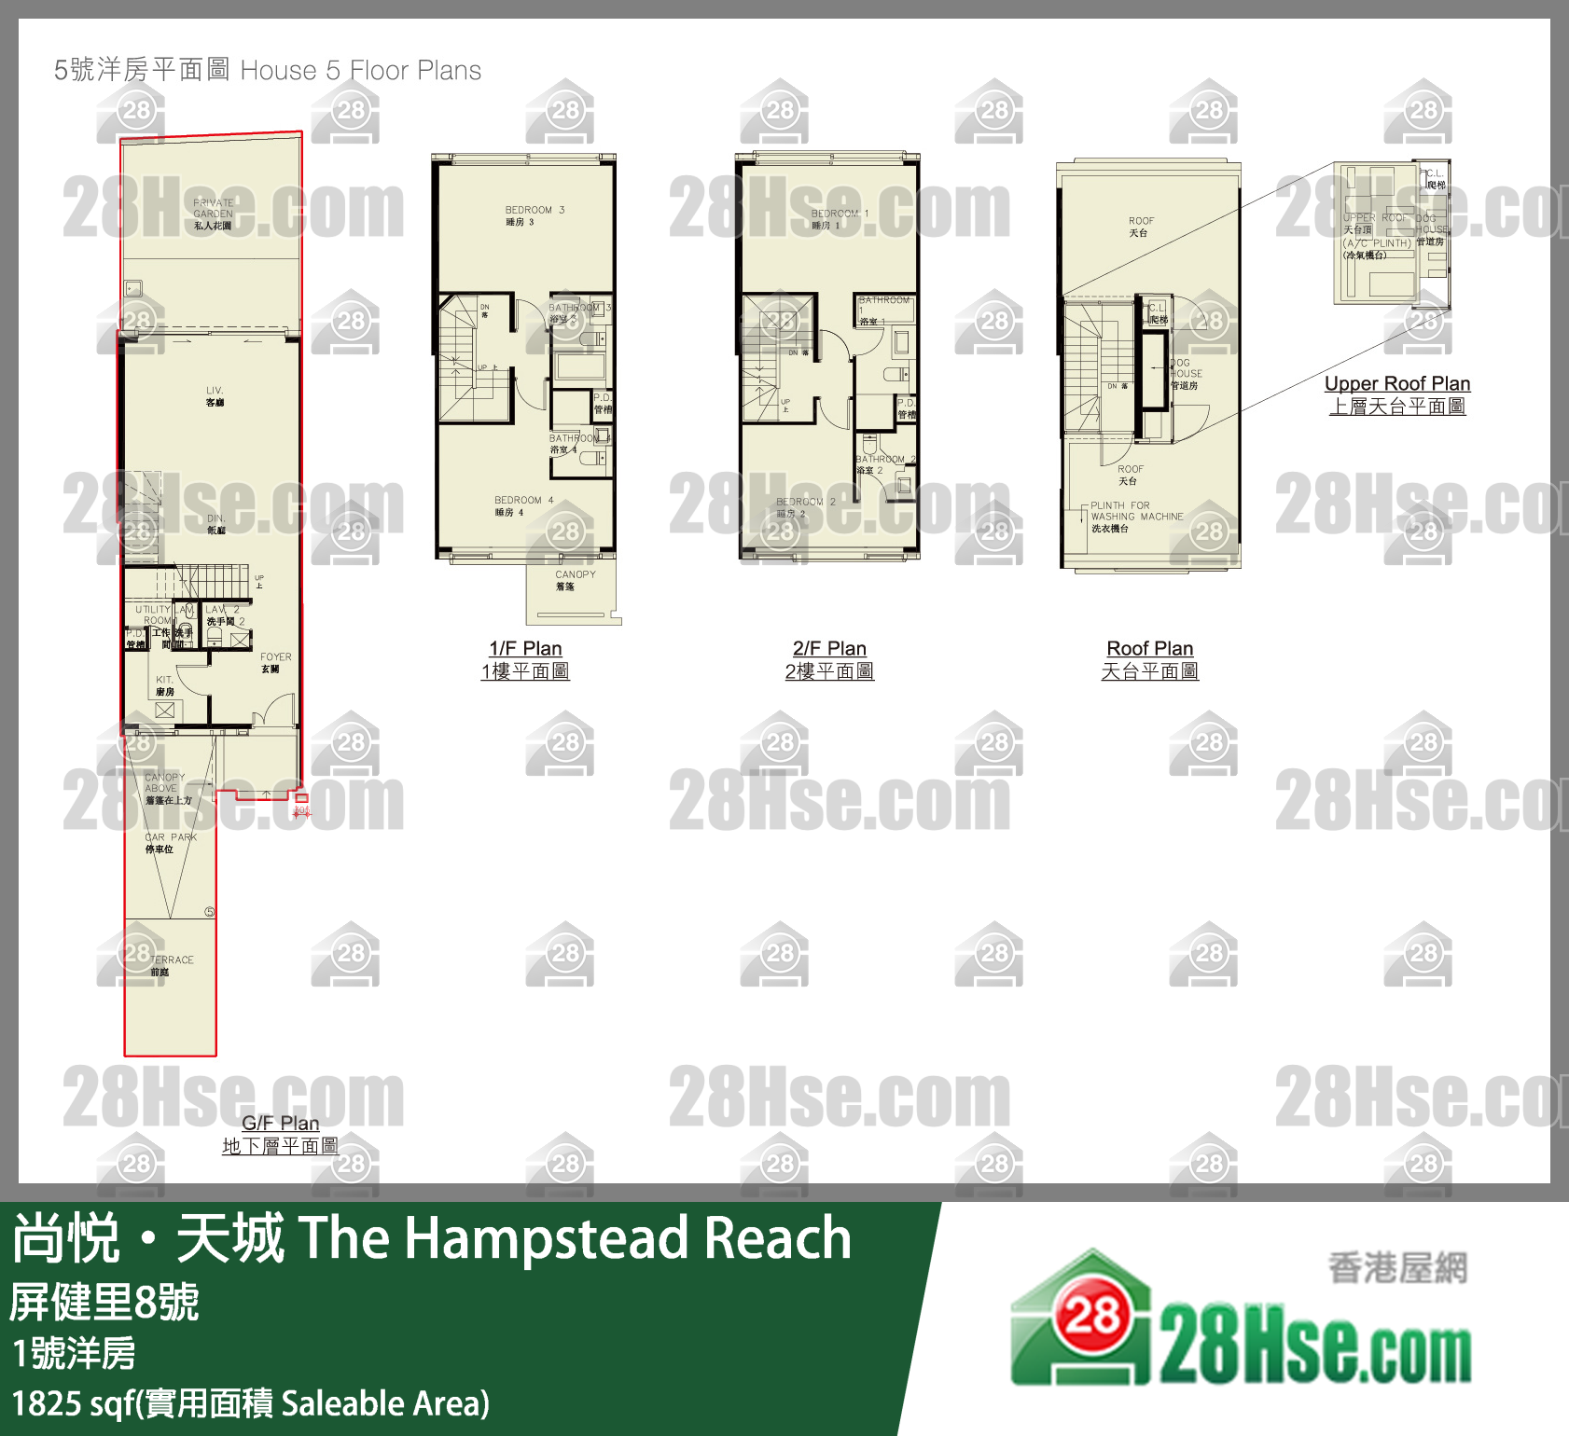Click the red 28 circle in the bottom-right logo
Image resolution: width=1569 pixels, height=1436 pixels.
1092,1317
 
